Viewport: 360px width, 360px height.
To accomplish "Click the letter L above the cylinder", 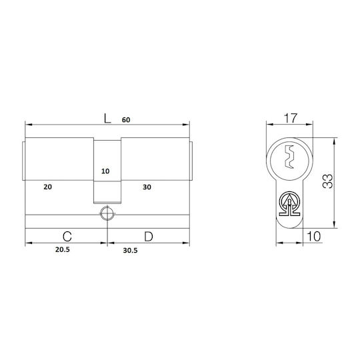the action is (x=107, y=119).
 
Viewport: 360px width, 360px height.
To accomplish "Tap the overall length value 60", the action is (x=126, y=120).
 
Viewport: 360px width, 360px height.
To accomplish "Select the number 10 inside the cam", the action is (x=105, y=171).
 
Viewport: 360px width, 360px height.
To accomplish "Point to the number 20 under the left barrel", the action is (x=47, y=187).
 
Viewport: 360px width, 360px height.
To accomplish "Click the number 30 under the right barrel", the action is (x=147, y=187).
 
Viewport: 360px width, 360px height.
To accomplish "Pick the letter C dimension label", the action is (x=67, y=237).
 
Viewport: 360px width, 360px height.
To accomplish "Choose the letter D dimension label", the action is (x=149, y=237).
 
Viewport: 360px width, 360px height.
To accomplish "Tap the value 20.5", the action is (x=63, y=249).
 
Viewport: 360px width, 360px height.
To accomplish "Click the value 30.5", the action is (x=130, y=251).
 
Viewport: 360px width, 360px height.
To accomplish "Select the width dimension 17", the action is (x=291, y=118).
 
